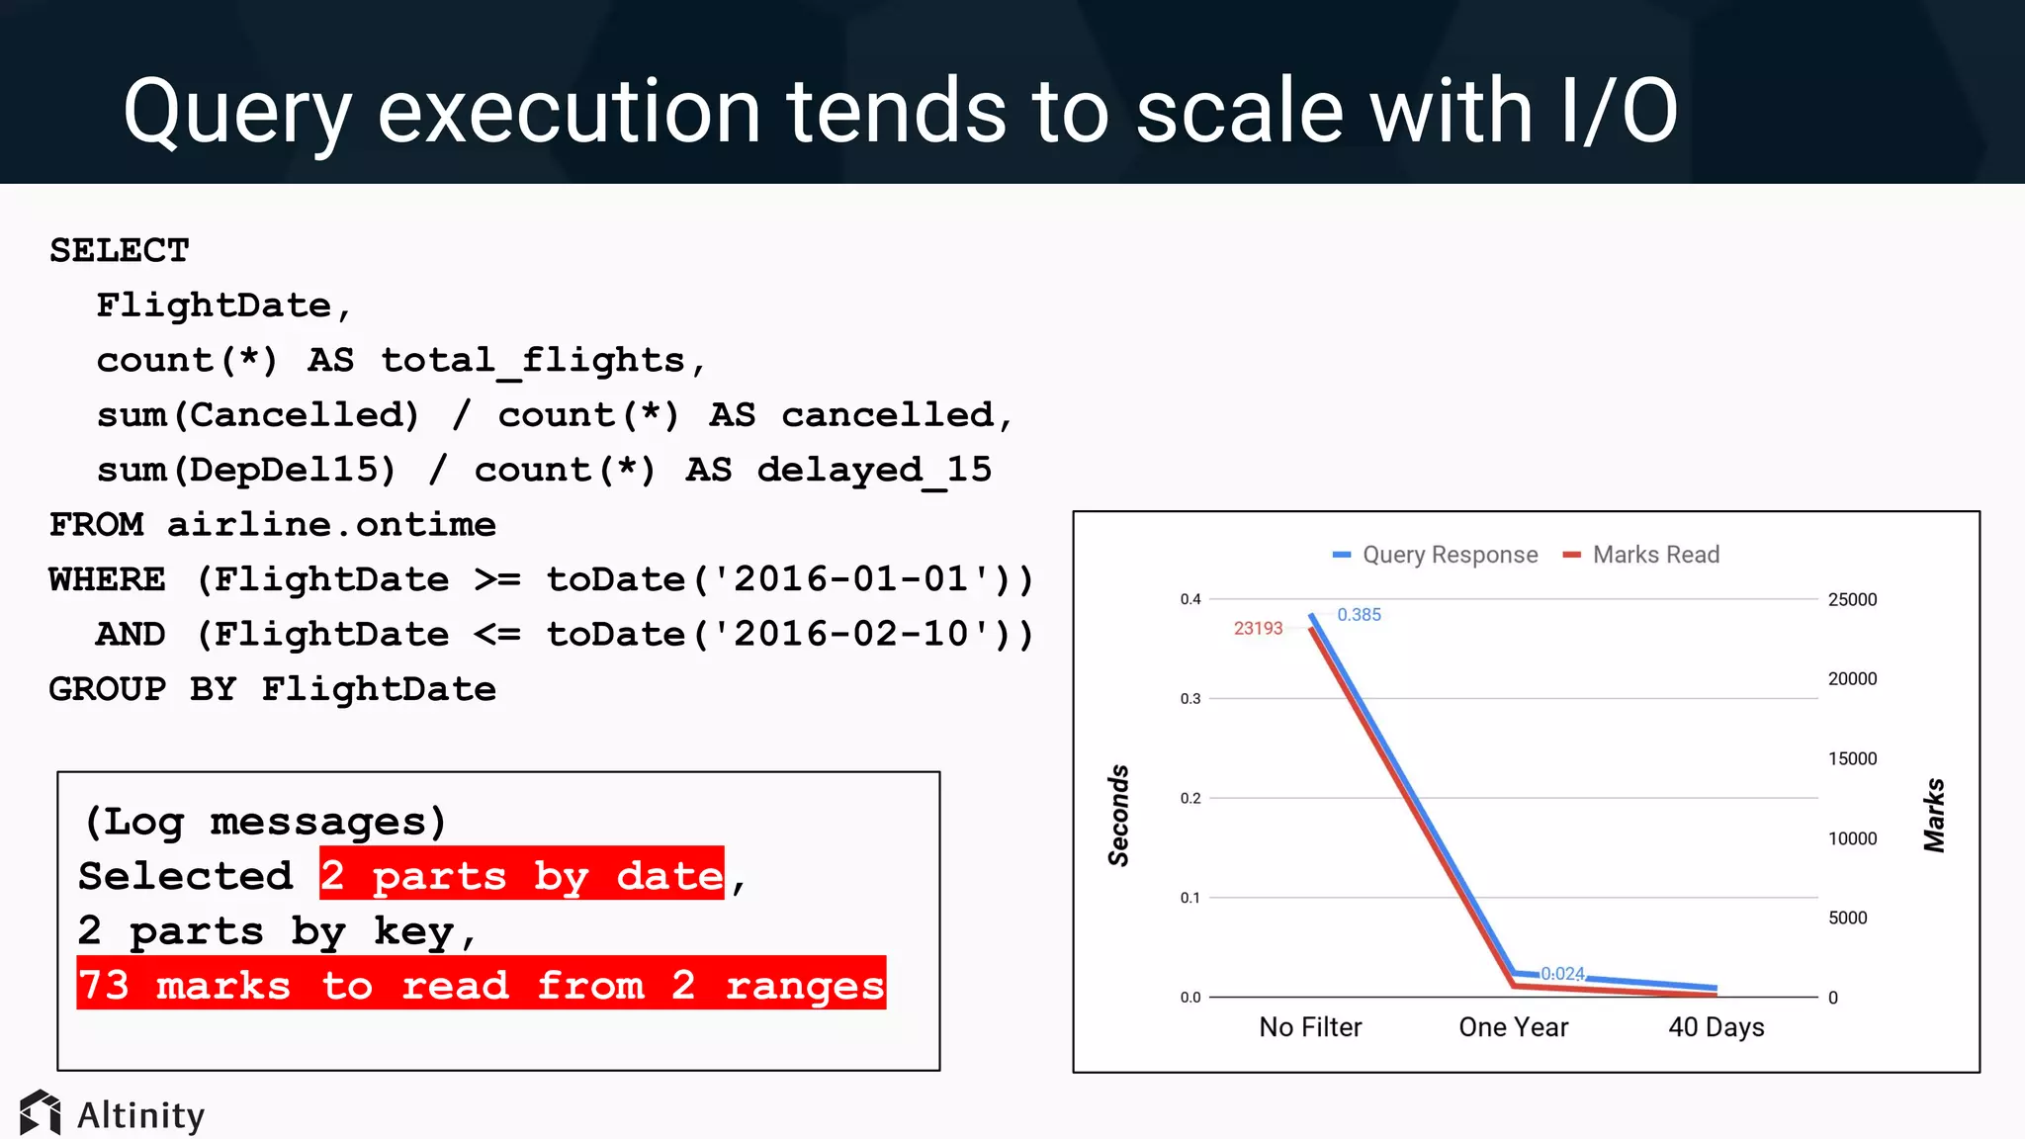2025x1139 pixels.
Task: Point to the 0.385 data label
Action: point(1359,615)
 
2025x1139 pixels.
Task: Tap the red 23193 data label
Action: point(1258,629)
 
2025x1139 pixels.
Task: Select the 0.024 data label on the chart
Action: point(1563,974)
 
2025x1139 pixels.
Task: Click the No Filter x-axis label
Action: point(1310,1027)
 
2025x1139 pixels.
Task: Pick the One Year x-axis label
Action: point(1513,1027)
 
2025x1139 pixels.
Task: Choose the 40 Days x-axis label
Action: point(1716,1027)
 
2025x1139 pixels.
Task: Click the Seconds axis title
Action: point(1118,816)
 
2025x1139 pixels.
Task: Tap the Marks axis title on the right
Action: point(1934,816)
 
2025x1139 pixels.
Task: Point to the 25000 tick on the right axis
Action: point(1852,600)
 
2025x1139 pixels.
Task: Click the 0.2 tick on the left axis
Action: point(1190,799)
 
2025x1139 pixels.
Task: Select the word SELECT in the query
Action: point(120,251)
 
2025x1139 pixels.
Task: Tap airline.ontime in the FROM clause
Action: point(331,525)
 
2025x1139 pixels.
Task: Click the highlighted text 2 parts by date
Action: point(521,875)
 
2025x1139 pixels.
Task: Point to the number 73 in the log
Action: point(104,985)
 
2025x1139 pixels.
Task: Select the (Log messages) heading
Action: point(265,822)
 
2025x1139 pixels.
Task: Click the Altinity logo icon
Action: point(41,1113)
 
